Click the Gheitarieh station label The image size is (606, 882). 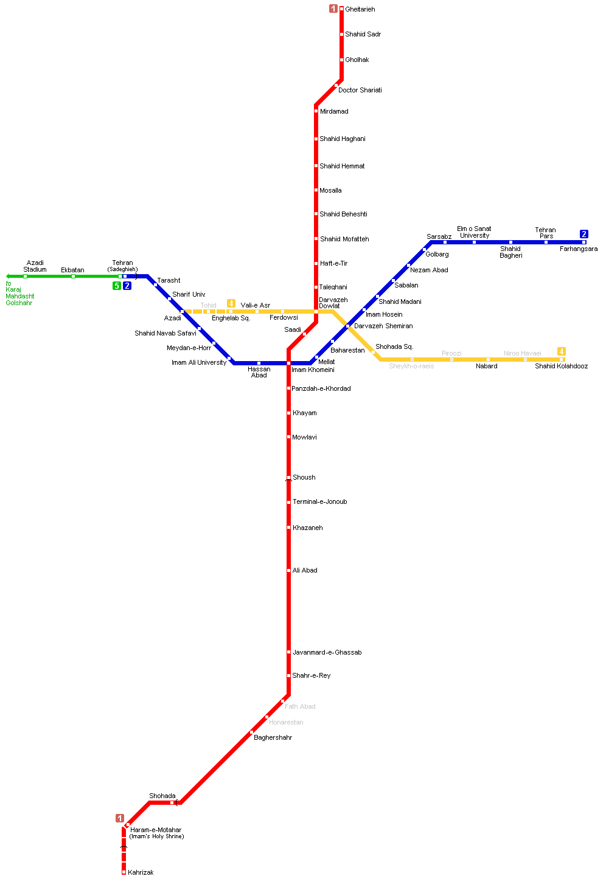[x=360, y=10]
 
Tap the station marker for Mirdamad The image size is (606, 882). [x=316, y=111]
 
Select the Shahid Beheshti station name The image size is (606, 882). [x=343, y=215]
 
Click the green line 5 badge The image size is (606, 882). [x=117, y=286]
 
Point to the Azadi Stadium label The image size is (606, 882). [x=35, y=266]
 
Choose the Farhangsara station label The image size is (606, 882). [x=578, y=249]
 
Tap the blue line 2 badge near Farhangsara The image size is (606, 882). [x=584, y=234]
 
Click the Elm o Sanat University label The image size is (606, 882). [x=475, y=232]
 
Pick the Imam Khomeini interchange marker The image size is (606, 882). [x=288, y=363]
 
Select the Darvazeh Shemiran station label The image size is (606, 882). [x=383, y=326]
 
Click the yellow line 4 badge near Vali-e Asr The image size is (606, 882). [x=231, y=303]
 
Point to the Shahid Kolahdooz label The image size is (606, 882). [x=561, y=367]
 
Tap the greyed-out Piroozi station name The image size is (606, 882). [x=451, y=353]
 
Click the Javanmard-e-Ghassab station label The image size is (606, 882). [x=327, y=653]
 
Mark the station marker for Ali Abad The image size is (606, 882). [x=289, y=571]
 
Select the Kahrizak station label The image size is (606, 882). [x=141, y=873]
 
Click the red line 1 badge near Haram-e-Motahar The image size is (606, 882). [x=120, y=818]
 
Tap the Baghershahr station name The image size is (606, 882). [x=273, y=738]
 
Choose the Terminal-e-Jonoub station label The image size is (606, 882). [x=319, y=502]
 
